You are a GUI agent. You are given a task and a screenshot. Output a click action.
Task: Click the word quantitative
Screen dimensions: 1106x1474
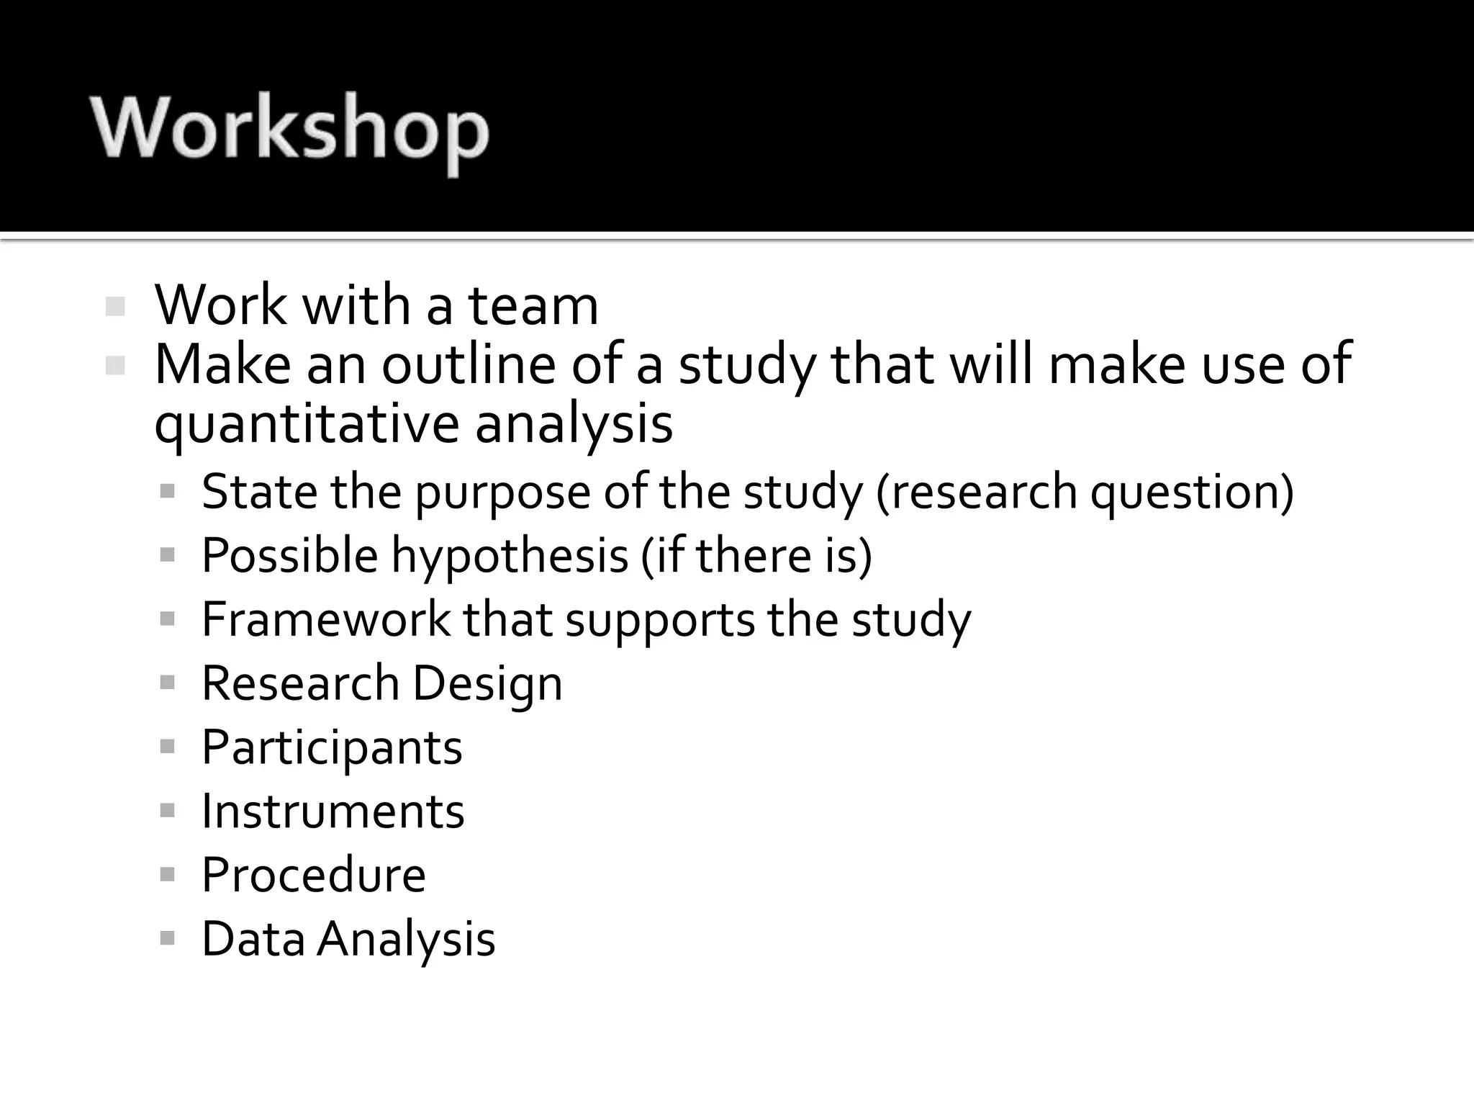coord(306,425)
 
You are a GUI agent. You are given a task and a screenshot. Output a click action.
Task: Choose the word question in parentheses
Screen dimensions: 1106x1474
coord(1191,493)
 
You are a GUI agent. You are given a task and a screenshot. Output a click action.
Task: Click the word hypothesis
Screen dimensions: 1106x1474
coord(510,557)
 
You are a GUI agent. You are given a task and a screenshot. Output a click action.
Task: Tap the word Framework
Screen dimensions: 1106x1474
coord(325,619)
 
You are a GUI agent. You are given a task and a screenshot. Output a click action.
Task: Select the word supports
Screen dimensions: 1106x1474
coord(660,621)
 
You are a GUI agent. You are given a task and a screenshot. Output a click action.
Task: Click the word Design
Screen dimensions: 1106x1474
coord(487,683)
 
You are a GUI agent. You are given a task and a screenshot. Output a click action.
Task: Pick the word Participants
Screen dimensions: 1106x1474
coord(332,747)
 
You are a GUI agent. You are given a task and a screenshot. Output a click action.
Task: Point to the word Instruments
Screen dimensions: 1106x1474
coord(333,811)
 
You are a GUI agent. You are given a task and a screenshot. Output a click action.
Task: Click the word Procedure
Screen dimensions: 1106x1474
coord(314,875)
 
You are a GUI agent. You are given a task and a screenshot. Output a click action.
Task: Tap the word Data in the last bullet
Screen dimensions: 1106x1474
coord(253,939)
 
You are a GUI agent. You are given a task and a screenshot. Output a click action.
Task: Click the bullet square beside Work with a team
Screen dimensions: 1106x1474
coord(115,307)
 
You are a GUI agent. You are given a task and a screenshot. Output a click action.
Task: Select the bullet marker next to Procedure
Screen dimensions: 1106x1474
coord(168,875)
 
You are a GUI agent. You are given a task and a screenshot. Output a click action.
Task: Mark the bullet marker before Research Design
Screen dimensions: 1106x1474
coord(168,683)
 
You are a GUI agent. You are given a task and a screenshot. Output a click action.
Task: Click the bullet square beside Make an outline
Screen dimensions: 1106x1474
coord(115,366)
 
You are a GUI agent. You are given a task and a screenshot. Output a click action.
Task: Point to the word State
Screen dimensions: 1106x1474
coord(260,492)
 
